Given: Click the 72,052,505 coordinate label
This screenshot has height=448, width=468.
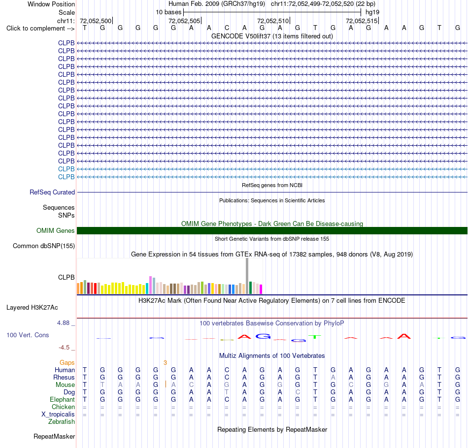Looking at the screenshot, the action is coord(184,21).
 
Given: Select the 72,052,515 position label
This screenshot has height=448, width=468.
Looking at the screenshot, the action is coord(362,21).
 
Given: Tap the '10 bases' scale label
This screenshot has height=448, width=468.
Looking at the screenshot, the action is coord(168,12).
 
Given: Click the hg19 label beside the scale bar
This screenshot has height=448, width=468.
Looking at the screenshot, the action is coord(372,12).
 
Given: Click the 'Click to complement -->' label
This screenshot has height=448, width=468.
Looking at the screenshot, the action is coord(40,29).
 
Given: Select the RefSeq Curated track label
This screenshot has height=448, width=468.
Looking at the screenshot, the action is coord(52,192).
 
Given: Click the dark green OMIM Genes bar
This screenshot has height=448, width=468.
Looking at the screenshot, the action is coord(272,230).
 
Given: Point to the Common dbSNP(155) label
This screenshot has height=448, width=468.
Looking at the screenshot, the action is coord(43,246).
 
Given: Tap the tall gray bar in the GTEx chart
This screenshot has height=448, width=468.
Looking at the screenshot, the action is coord(247,276).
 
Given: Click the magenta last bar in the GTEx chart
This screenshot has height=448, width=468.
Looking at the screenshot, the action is coord(261,289).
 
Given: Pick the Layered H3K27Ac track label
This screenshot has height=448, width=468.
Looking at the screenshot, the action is coord(32,308).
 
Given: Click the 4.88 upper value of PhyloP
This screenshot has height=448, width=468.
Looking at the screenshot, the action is coord(63,323).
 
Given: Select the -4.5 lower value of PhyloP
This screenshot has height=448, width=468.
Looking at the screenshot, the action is coord(64,348).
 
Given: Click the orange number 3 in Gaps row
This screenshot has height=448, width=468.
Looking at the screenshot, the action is coord(165,363).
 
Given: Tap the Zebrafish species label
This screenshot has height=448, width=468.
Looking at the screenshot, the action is coord(62,422).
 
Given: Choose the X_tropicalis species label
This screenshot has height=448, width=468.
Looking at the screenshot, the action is coord(58,415).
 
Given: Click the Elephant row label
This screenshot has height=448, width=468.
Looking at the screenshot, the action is coord(62,400).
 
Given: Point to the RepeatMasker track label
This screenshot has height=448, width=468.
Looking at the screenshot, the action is coord(54,436).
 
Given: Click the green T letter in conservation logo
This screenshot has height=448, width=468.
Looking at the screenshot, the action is coord(315,337).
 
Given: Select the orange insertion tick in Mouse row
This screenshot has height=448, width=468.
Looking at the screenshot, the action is coord(166,384).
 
